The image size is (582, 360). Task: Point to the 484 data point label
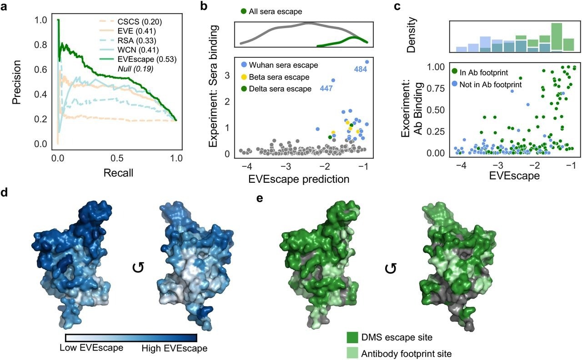coord(362,69)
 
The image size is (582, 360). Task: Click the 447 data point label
coord(326,88)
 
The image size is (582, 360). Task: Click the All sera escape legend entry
coord(271,10)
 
